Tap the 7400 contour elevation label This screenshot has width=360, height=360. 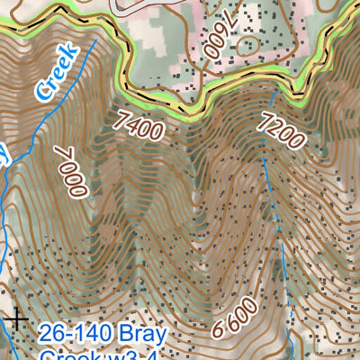coord(139,124)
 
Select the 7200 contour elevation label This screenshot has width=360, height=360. coord(281,131)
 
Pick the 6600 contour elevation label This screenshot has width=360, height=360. coord(236,317)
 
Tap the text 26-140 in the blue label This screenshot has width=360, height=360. coord(75,335)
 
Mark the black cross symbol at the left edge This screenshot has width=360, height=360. coord(14,319)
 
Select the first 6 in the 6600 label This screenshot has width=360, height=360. coord(219,330)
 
